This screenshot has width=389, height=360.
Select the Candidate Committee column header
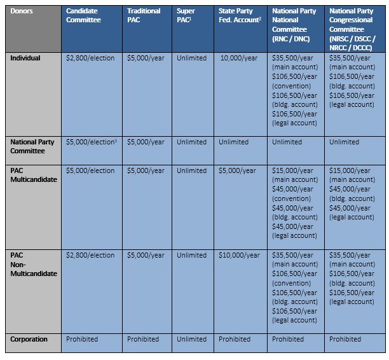pos(83,16)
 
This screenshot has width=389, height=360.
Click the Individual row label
pos(25,59)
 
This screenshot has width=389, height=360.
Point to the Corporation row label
pos(29,340)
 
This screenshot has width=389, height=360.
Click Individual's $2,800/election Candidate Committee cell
pos(90,59)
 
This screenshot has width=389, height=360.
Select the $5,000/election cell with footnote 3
pos(92,142)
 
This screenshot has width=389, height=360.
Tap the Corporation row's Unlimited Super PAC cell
pos(191,340)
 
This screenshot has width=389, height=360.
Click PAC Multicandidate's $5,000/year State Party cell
pos(237,170)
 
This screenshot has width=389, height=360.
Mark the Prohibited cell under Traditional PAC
pos(143,340)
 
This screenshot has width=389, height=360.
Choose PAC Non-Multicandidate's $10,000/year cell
pos(239,255)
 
